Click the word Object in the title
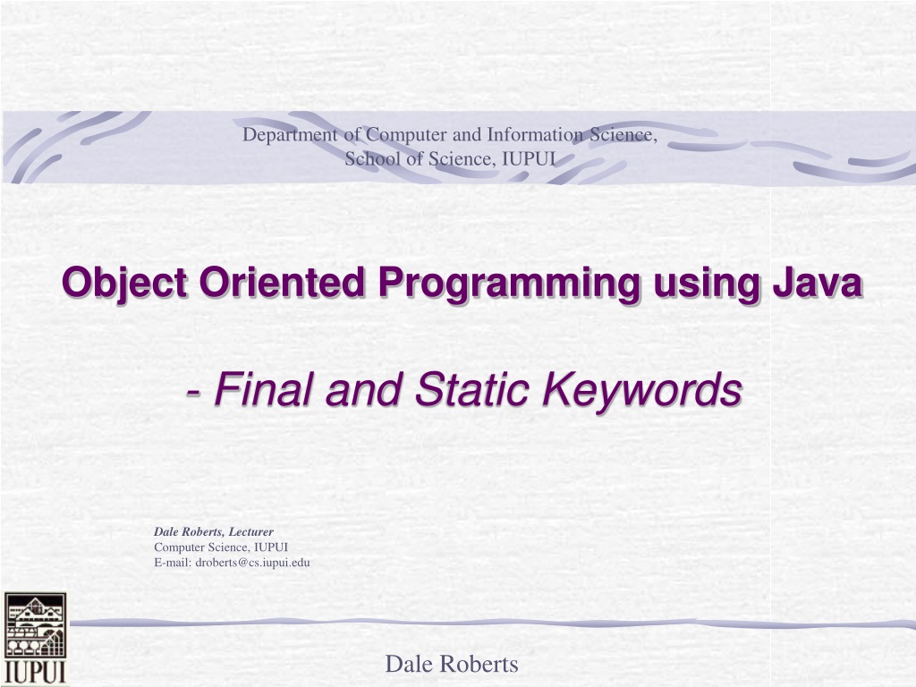pos(123,284)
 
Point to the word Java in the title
pos(817,282)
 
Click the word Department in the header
pos(290,135)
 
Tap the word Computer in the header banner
pos(407,135)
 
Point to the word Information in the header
pos(535,134)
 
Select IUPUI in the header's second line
pos(529,158)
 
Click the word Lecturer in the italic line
pos(250,531)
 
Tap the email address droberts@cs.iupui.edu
pos(252,563)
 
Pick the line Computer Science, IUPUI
pos(221,547)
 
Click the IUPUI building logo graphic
pos(35,624)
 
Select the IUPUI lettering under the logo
pos(35,672)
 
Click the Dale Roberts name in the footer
pos(452,665)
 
